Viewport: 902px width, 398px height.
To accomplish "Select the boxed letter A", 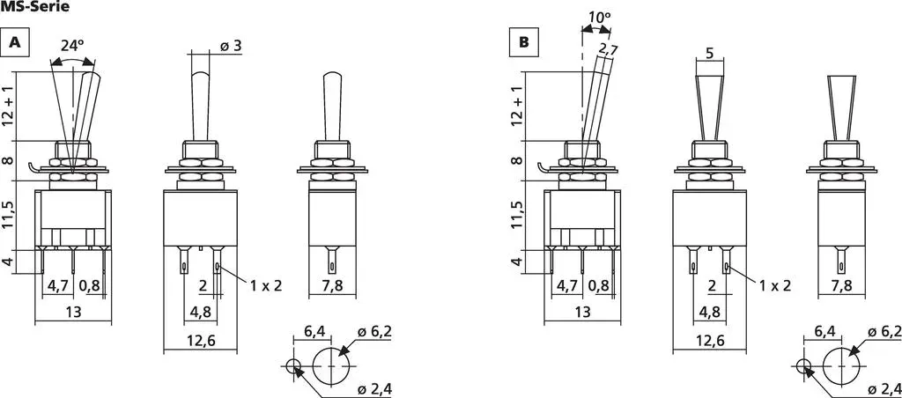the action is coord(16,44).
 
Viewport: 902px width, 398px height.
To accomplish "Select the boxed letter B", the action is coord(523,44).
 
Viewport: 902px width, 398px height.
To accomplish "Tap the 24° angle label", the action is coord(72,44).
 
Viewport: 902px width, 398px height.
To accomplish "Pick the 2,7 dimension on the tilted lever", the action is coord(607,50).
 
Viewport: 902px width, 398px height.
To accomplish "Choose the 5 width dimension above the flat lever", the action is coord(709,53).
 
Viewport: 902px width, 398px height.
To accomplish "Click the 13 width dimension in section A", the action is coord(72,312).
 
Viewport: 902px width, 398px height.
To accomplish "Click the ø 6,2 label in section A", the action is coord(375,332).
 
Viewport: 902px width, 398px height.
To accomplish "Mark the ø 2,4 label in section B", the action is coord(883,389).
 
